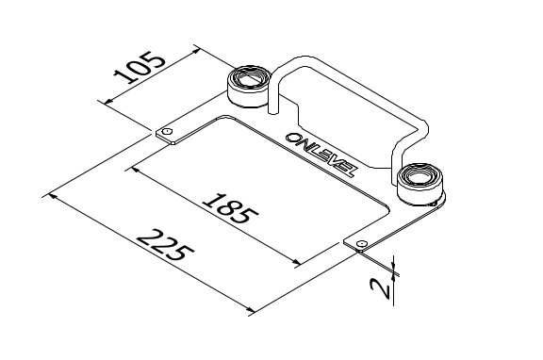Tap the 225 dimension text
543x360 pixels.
click(165, 246)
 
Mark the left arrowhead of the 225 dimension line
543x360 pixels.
click(49, 196)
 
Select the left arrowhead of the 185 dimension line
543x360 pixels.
click(136, 171)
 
